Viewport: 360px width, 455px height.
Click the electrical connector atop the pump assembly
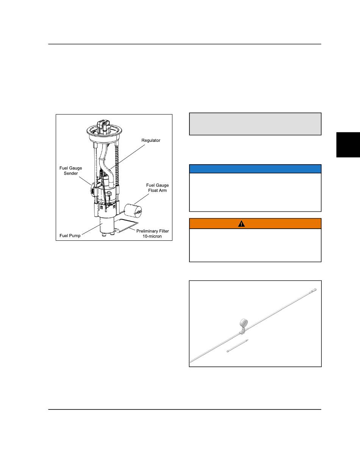click(103, 126)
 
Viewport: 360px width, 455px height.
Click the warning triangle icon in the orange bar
click(241, 224)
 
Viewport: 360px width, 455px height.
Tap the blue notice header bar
click(255, 169)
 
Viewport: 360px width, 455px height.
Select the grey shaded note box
click(255, 124)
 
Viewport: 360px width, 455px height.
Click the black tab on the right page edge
click(347, 144)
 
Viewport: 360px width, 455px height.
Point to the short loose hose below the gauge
click(237, 346)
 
